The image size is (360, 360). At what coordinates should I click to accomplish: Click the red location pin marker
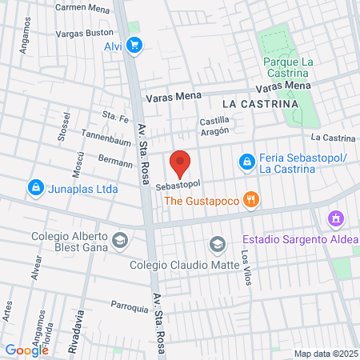tap(181, 163)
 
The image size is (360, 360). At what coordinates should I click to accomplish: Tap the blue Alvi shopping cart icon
tap(135, 46)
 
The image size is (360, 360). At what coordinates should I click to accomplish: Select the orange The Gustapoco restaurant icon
tap(251, 200)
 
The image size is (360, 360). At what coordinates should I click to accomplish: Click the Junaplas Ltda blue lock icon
tap(35, 189)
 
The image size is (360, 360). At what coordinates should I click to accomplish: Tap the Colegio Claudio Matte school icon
tap(217, 243)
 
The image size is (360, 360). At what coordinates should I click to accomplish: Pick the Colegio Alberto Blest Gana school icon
tap(119, 239)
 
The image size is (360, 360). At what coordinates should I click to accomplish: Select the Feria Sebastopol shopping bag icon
tap(247, 163)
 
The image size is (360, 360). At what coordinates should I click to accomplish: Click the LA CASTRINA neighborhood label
tap(260, 104)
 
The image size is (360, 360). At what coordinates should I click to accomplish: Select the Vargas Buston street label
tap(83, 34)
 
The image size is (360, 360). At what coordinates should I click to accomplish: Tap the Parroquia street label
tap(130, 306)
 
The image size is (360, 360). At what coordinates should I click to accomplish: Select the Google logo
tap(27, 350)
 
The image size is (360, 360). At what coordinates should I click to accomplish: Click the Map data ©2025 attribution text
tap(324, 354)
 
